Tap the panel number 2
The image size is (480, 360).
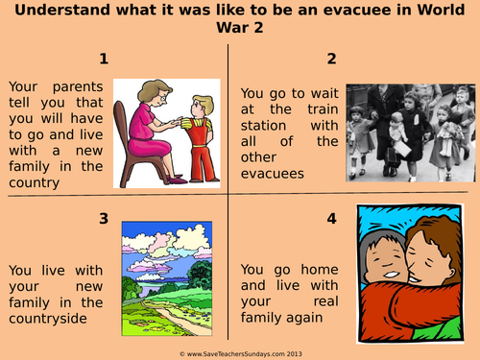point(331,59)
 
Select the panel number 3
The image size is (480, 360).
point(104,219)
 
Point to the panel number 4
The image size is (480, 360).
point(331,219)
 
